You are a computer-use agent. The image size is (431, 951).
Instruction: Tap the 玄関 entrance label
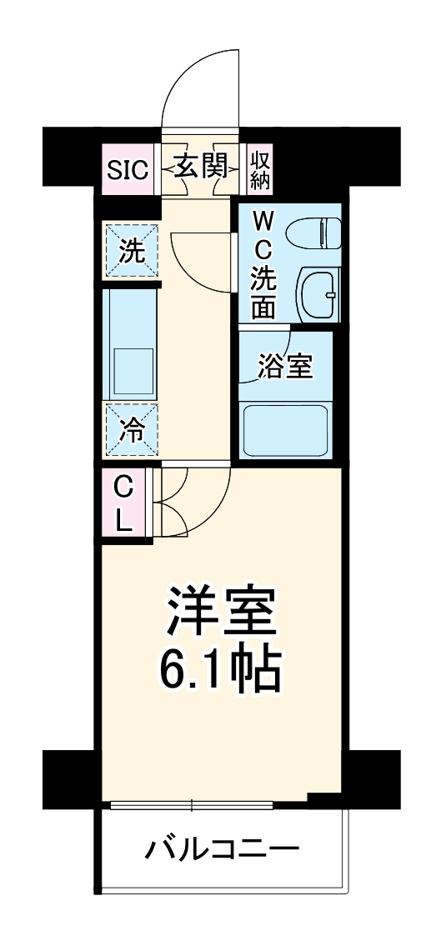click(x=199, y=168)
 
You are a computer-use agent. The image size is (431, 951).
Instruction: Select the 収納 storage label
click(x=261, y=168)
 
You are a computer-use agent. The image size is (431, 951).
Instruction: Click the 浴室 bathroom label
click(x=285, y=368)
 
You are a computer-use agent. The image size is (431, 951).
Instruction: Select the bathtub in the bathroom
click(x=285, y=429)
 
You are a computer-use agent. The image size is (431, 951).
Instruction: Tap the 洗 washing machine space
click(x=130, y=251)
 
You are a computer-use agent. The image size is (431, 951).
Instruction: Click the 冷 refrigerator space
click(x=130, y=430)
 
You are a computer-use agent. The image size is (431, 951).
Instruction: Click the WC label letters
click(x=263, y=235)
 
